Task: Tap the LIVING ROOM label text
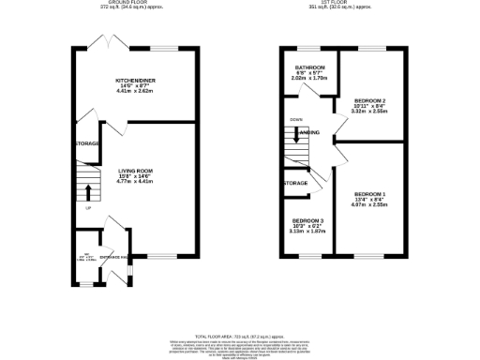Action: pyautogui.click(x=135, y=171)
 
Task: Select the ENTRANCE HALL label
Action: pyautogui.click(x=114, y=257)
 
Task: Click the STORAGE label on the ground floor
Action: pyautogui.click(x=88, y=144)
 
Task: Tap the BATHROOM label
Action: pyautogui.click(x=310, y=68)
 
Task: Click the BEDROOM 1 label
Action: pyautogui.click(x=370, y=193)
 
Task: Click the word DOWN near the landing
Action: pyautogui.click(x=296, y=120)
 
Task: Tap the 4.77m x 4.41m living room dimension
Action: pyautogui.click(x=135, y=182)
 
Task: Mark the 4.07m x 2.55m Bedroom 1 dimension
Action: pyautogui.click(x=370, y=204)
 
